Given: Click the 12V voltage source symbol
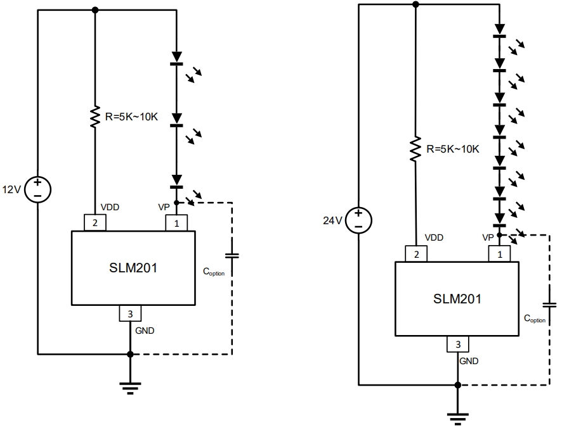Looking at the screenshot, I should point(38,189).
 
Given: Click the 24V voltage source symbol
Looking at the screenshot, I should point(358,220).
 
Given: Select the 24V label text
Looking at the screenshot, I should point(333,220).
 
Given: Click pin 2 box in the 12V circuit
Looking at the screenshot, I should point(95,223).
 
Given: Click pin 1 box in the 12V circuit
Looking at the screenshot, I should point(176,223).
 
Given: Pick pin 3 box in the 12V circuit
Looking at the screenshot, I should point(130,313).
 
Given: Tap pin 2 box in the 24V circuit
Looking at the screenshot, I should point(416,254).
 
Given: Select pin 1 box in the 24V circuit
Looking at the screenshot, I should point(499,254).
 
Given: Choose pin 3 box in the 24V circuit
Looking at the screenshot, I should point(457,345).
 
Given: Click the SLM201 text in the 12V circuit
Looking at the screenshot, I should point(133,267).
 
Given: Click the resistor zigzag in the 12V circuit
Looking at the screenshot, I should point(95,117).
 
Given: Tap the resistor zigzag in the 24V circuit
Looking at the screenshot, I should point(416,149).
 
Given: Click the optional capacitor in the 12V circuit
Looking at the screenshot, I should point(233,256).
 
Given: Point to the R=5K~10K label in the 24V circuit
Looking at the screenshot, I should point(453,149).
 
